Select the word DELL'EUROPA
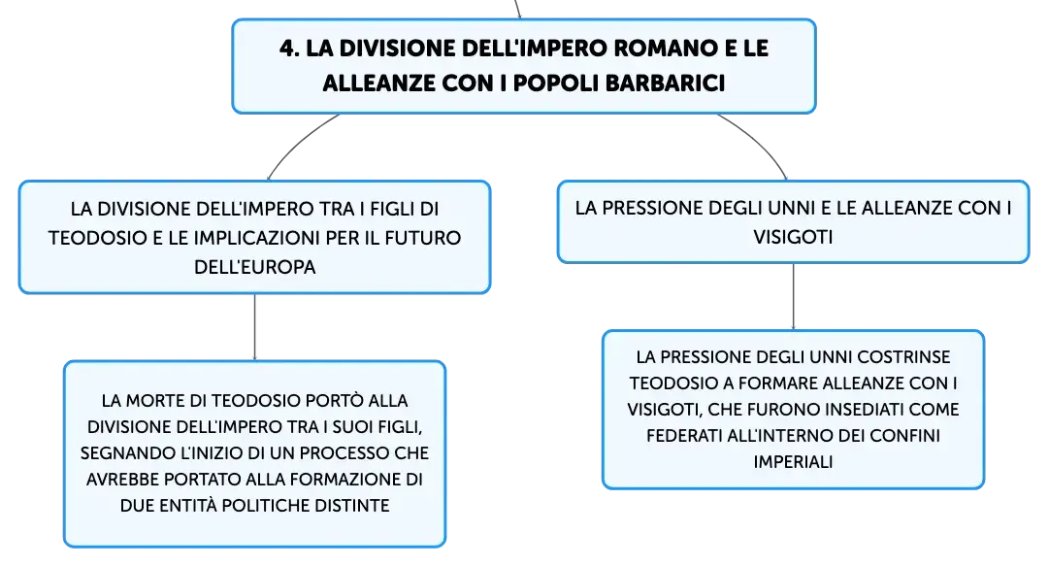pos(255,267)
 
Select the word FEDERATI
pos(684,436)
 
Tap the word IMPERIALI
pos(793,462)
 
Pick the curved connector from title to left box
pos(298,143)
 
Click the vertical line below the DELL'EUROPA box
pos(255,327)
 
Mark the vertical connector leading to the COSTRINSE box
pos(794,296)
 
